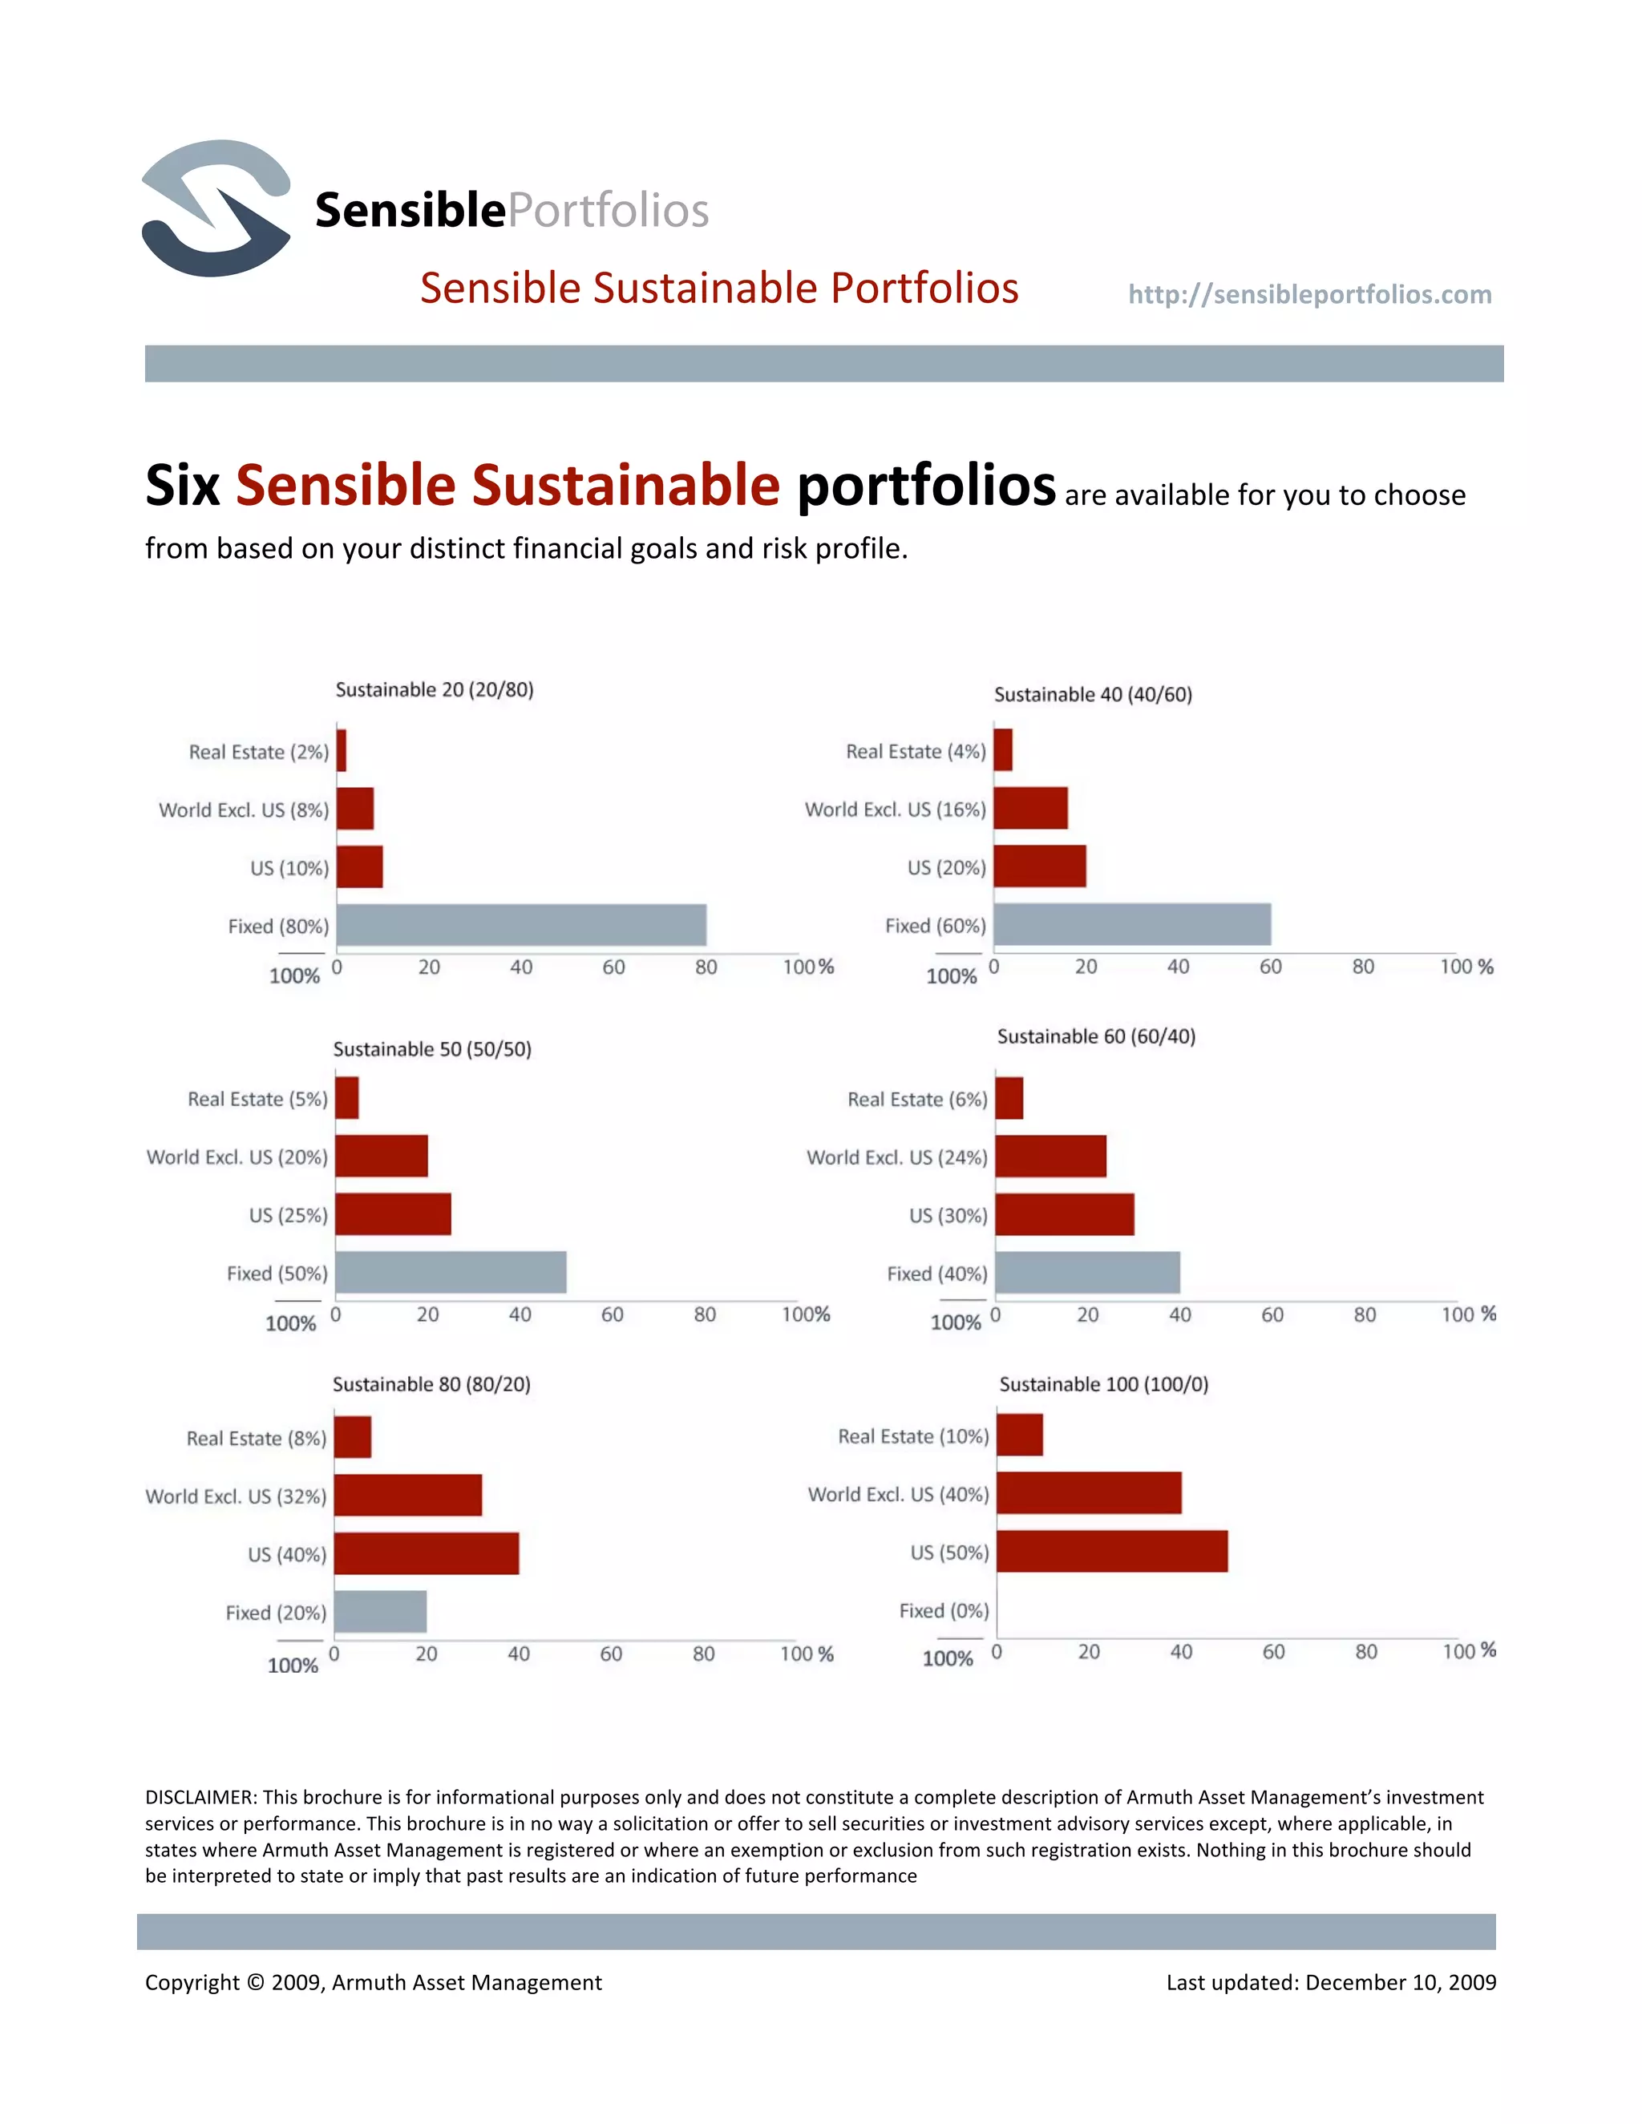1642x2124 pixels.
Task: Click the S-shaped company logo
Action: (216, 208)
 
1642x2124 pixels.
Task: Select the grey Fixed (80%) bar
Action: (521, 925)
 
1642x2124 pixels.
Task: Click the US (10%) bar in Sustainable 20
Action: (360, 866)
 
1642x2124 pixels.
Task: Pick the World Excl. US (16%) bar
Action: (1030, 808)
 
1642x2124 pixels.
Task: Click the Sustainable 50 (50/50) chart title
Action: (432, 1049)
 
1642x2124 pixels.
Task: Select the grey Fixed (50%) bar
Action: (451, 1272)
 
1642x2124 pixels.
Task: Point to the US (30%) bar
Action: (1064, 1214)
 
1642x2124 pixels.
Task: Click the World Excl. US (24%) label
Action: (896, 1157)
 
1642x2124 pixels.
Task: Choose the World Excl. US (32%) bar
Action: (407, 1495)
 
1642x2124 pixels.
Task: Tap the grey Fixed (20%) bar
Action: (380, 1612)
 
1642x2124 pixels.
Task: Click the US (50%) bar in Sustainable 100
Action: (1112, 1551)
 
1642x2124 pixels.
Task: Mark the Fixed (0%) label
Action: (944, 1610)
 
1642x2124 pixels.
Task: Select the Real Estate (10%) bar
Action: (1020, 1436)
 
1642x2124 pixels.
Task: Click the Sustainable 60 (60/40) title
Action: (1096, 1036)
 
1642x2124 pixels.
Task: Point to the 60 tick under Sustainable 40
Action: (1271, 967)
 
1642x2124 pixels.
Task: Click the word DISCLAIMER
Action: (200, 1797)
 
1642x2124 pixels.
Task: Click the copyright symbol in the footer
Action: (255, 1982)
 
